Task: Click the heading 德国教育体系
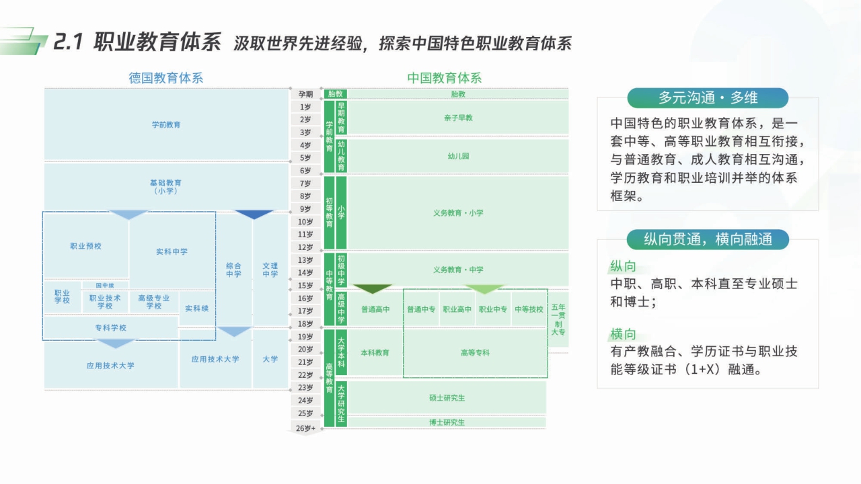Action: point(165,78)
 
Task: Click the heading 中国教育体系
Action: point(444,78)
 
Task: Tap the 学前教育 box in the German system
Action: point(165,124)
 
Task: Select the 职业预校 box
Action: point(85,246)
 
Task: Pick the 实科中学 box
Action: point(172,251)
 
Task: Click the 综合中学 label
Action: point(233,270)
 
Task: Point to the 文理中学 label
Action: point(270,270)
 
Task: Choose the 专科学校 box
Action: point(110,328)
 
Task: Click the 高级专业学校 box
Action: point(153,302)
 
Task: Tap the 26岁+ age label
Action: point(305,428)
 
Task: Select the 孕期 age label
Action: point(305,94)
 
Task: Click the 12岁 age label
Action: point(305,247)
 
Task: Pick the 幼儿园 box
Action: point(458,156)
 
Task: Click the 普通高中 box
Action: point(375,310)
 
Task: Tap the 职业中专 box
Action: point(492,310)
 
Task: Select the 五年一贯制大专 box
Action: point(558,319)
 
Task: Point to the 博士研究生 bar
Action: point(447,422)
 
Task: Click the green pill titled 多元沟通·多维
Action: point(707,98)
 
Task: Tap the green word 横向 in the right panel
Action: point(622,334)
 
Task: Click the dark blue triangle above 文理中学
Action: point(253,215)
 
